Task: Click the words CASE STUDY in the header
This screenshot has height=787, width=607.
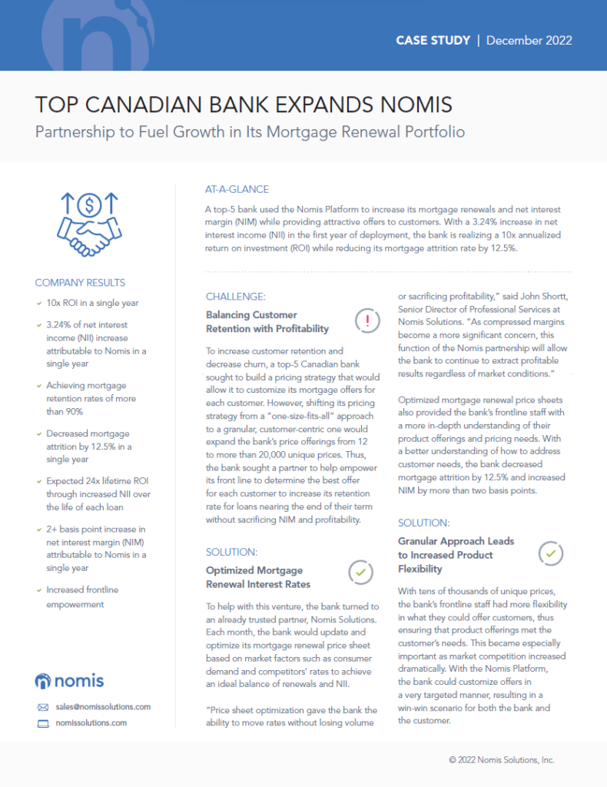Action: [x=433, y=40]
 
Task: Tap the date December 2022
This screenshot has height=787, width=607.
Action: [x=529, y=40]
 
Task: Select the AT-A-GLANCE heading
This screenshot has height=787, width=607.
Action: [x=237, y=189]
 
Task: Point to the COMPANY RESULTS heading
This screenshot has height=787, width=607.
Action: [x=80, y=282]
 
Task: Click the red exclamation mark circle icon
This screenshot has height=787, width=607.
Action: [x=368, y=320]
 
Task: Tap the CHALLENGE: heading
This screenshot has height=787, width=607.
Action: [x=235, y=297]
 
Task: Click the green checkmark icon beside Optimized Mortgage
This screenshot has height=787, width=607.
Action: [x=360, y=573]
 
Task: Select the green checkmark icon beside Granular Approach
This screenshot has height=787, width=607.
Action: [x=552, y=553]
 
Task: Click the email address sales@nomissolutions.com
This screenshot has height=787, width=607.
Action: [x=102, y=706]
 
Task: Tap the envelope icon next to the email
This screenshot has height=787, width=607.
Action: [x=43, y=707]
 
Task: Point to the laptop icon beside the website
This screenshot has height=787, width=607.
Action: [x=43, y=723]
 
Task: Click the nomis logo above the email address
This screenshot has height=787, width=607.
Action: [x=70, y=680]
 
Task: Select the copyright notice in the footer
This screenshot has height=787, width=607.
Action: [x=501, y=759]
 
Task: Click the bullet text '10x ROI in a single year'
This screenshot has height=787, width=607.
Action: [x=92, y=303]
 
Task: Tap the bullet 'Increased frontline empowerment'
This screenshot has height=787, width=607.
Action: [x=82, y=596]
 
